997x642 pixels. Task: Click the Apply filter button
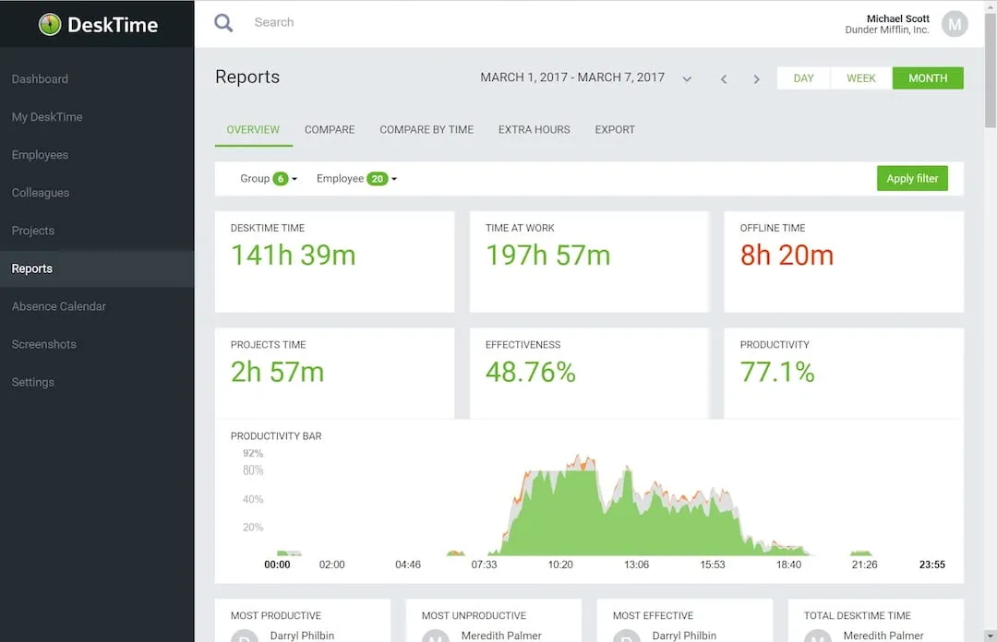point(912,179)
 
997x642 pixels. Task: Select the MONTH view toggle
point(928,78)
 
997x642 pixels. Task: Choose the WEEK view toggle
point(860,78)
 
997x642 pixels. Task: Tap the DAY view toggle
point(804,78)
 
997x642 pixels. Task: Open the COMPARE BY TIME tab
point(426,130)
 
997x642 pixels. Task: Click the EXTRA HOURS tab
point(534,130)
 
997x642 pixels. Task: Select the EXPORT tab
point(615,130)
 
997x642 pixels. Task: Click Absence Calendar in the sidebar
point(59,306)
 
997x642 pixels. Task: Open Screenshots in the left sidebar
point(44,344)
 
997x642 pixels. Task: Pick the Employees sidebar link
point(40,155)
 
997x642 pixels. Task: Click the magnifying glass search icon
point(223,23)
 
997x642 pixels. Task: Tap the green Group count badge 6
point(281,179)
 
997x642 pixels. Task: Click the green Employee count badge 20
point(377,179)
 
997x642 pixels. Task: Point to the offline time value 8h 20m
point(787,256)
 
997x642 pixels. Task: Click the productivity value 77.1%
point(777,372)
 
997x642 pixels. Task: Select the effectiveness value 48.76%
point(530,372)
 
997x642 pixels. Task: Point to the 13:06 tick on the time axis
point(636,565)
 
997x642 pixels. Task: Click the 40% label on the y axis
point(252,499)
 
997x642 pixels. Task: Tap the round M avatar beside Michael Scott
point(955,24)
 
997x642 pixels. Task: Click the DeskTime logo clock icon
point(50,24)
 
